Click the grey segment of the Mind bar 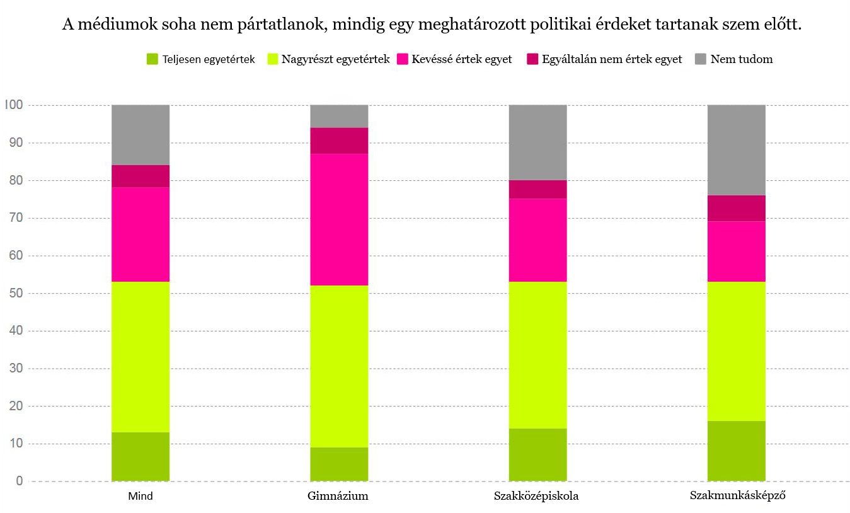pyautogui.click(x=141, y=135)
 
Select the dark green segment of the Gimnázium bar pyautogui.click(x=339, y=464)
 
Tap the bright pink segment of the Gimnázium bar pyautogui.click(x=339, y=219)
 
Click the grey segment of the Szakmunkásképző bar pyautogui.click(x=736, y=150)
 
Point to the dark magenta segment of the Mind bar pyautogui.click(x=141, y=176)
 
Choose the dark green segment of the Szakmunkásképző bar pyautogui.click(x=736, y=451)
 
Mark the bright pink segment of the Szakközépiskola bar pyautogui.click(x=537, y=240)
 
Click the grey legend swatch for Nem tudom pyautogui.click(x=701, y=59)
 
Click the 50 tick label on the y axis pyautogui.click(x=15, y=293)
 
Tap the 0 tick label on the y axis pyautogui.click(x=19, y=481)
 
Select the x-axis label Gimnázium pyautogui.click(x=338, y=496)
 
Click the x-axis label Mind pyautogui.click(x=141, y=496)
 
